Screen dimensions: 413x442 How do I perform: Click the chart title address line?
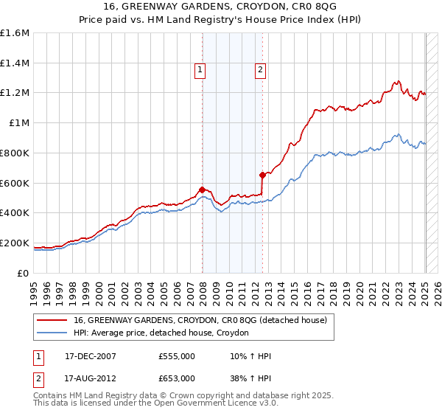(x=220, y=7)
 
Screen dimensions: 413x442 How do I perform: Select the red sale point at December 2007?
(x=202, y=190)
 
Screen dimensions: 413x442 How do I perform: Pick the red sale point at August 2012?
(x=262, y=175)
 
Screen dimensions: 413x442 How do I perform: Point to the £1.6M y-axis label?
(x=15, y=33)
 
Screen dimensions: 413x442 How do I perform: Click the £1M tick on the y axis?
(x=19, y=123)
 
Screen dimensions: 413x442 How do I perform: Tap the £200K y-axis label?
(x=15, y=243)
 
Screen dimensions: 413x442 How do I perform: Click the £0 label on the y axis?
(x=24, y=273)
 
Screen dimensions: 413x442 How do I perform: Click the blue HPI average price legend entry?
(x=161, y=333)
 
